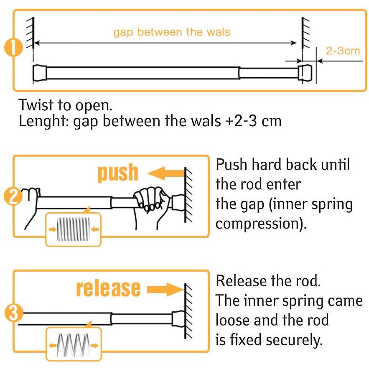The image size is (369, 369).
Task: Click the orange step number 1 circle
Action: tap(13, 47)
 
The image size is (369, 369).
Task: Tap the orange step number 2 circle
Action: tap(13, 196)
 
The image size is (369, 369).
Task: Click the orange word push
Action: tap(118, 173)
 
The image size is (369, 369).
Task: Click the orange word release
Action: tap(109, 288)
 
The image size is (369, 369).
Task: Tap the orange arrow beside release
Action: tap(165, 290)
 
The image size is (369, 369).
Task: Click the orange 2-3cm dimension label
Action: tap(343, 51)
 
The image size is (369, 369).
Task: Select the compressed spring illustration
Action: tap(74, 229)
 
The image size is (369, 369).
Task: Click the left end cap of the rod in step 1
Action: tap(40, 73)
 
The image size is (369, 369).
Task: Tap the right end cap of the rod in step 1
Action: tap(305, 73)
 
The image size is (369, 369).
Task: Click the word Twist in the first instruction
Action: tap(36, 105)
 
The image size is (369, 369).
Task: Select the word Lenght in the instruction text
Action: tap(44, 122)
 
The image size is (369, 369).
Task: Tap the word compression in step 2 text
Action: tap(261, 224)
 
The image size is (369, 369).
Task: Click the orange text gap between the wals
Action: tap(172, 32)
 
